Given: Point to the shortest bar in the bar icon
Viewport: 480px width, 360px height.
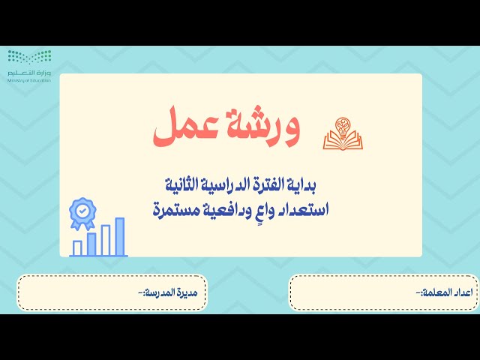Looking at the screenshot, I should click(77, 248).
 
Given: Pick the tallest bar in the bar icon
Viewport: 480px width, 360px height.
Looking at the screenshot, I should click(119, 237).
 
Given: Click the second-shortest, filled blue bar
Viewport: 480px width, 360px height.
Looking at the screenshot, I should click(91, 244).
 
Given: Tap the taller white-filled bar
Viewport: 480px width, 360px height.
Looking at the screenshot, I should click(106, 240).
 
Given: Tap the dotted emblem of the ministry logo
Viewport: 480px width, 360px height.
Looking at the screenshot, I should click(30, 58).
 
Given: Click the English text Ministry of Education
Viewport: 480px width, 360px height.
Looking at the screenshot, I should click(30, 80).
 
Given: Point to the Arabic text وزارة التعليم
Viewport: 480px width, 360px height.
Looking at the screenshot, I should click(30, 73).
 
